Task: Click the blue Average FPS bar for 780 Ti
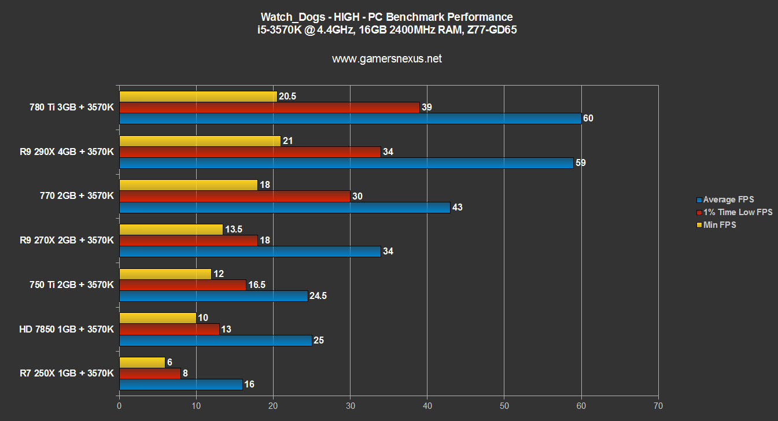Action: [350, 119]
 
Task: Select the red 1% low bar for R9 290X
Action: [250, 152]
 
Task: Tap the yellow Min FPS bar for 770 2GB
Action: [188, 185]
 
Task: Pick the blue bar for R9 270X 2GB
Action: [250, 252]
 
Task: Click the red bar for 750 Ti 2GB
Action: [182, 285]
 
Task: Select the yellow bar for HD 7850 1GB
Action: [157, 318]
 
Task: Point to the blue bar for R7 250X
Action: [180, 385]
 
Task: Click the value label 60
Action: [589, 119]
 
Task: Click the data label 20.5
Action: [287, 97]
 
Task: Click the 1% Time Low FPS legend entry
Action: [734, 212]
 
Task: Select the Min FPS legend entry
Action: [719, 224]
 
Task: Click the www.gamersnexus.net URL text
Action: [387, 58]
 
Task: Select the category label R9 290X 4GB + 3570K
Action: [67, 152]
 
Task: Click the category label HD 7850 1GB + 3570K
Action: [66, 329]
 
